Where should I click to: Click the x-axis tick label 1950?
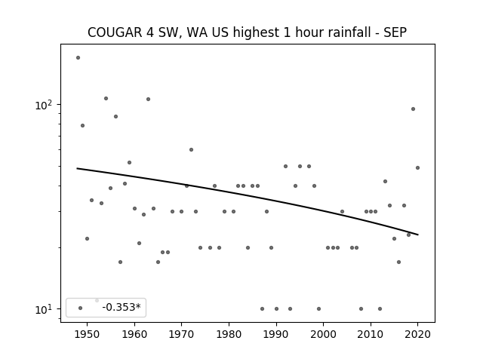(88, 334)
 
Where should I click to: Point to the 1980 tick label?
(229, 334)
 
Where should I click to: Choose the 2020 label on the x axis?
(417, 334)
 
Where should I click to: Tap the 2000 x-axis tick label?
(323, 334)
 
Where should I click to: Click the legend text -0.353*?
(122, 307)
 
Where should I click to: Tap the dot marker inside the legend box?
(81, 308)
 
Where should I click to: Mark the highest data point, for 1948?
(78, 57)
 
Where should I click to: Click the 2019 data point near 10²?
(413, 109)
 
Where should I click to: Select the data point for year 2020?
(417, 167)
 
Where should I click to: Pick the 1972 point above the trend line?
(191, 149)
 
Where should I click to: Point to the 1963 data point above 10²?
(148, 99)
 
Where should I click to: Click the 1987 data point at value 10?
(262, 308)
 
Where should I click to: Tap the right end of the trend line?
(418, 235)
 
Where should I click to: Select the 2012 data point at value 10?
(380, 308)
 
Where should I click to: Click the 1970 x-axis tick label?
(181, 334)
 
